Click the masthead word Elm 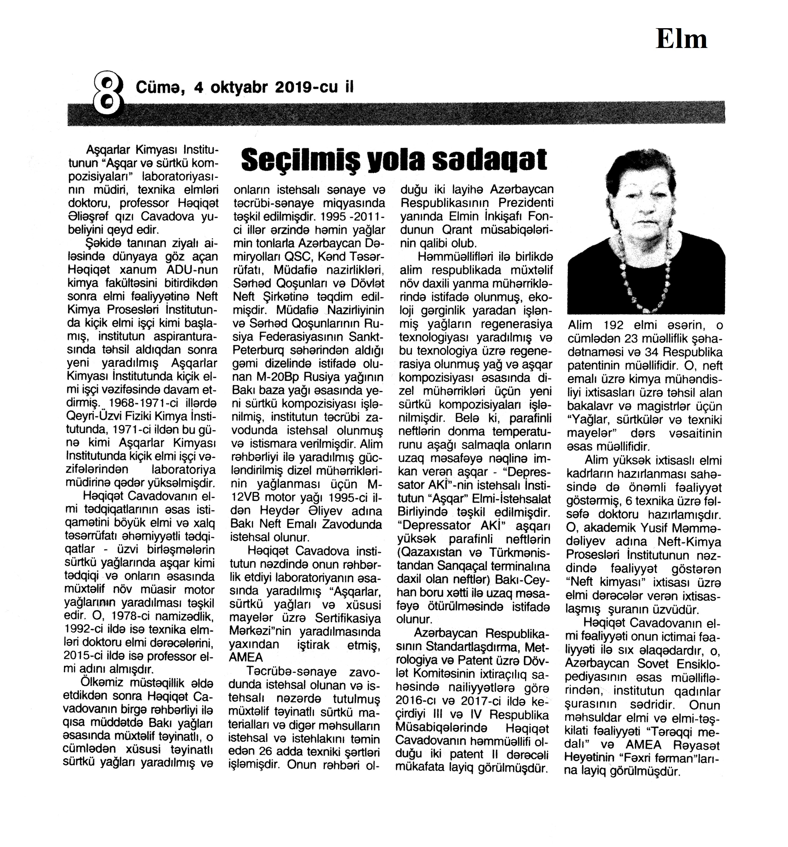point(681,39)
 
